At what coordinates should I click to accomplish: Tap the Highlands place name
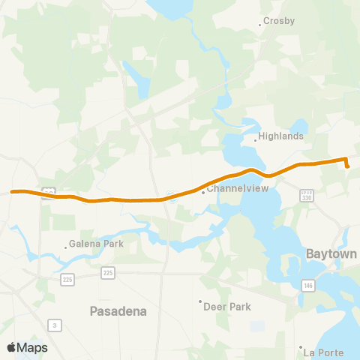[x=280, y=136]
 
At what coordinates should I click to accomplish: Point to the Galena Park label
[x=95, y=244]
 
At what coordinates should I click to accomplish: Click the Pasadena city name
[x=118, y=310]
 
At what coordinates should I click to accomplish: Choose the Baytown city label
[x=331, y=254]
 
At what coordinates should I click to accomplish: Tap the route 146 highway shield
[x=308, y=285]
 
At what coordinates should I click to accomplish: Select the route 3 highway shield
[x=55, y=324]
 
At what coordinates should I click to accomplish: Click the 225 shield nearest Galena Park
[x=67, y=279]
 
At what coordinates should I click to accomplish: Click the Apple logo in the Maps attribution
[x=11, y=347]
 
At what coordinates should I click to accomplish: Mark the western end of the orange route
[x=13, y=192]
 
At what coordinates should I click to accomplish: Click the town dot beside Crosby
[x=260, y=25]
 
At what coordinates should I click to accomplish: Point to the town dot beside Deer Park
[x=201, y=302]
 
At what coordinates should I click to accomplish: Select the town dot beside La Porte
[x=301, y=348]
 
